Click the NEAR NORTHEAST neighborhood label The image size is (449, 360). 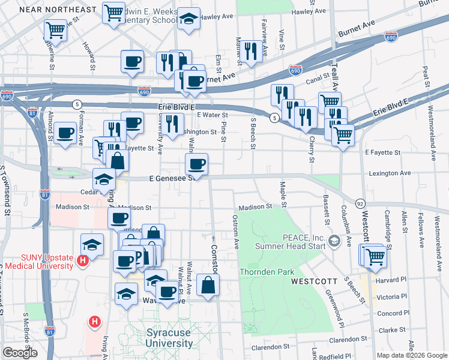click(x=58, y=10)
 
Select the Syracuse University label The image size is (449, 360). click(x=169, y=338)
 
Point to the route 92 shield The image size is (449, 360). click(x=360, y=203)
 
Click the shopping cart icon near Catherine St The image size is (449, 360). click(x=55, y=28)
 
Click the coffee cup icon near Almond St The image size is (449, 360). click(x=65, y=133)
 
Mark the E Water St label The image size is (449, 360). click(x=212, y=115)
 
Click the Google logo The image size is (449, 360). click(x=20, y=353)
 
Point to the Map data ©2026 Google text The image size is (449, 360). click(x=412, y=355)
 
